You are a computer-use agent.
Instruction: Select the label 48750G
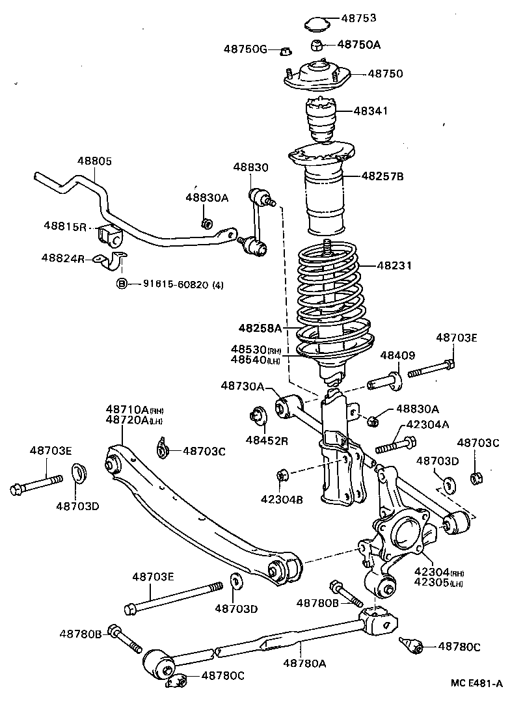point(245,49)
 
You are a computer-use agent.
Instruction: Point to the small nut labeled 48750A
point(317,45)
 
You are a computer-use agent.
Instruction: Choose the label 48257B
point(382,176)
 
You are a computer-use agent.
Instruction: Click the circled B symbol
point(121,284)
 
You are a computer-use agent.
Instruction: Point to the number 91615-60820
point(169,284)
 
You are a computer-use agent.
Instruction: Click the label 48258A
point(260,327)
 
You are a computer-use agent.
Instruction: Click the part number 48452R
point(267,440)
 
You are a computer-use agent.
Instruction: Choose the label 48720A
point(127,420)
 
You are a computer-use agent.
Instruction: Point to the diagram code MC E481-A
point(477,683)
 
